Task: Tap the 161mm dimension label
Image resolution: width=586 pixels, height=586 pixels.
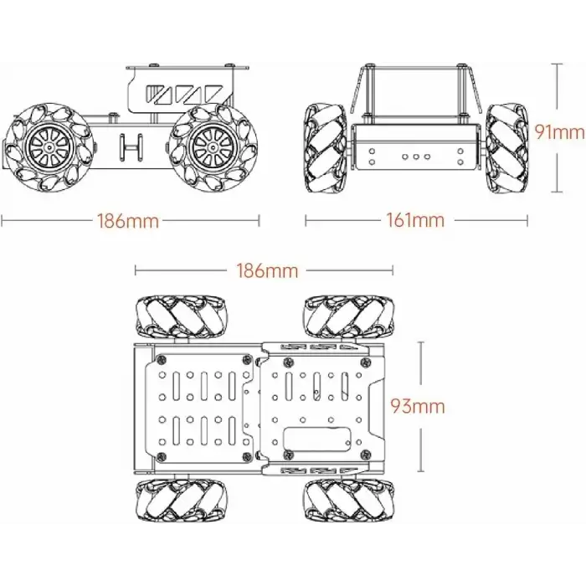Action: point(416,221)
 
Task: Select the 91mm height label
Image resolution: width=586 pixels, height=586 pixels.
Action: point(559,132)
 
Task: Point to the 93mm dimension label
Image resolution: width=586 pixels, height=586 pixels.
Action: point(418,408)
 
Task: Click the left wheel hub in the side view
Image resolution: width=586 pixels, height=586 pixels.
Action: point(47,147)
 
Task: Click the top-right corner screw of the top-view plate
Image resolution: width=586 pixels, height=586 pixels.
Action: point(365,361)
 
